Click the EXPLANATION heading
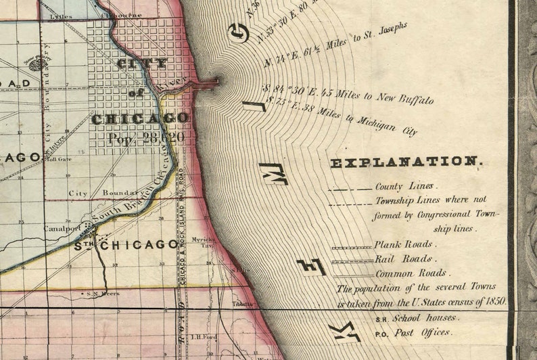pos(405,162)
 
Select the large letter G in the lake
pos(238,32)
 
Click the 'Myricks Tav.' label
pos(202,242)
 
